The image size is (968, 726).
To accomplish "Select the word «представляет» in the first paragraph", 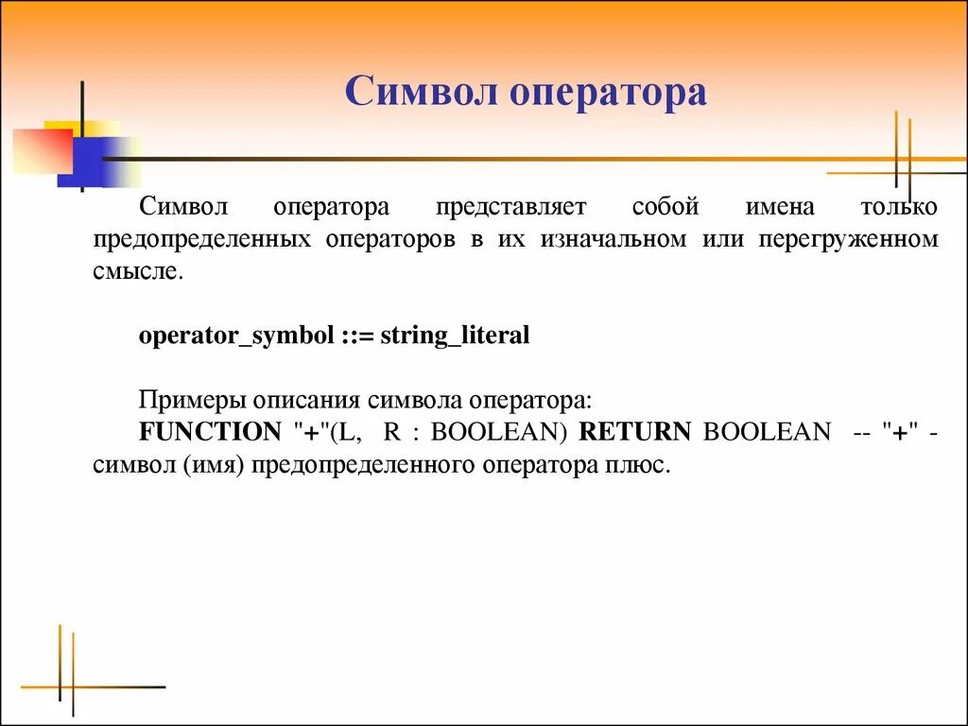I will tap(510, 206).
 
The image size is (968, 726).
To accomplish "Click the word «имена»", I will tap(778, 206).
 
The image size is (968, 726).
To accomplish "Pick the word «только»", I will tap(898, 206).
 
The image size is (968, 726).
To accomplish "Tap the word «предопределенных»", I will tap(202, 240).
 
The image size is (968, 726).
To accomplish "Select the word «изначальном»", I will tap(614, 240).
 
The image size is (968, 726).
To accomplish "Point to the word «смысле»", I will tap(133, 273).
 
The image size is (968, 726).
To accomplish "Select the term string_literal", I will tap(455, 336).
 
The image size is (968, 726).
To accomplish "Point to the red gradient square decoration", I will tap(43, 149).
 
